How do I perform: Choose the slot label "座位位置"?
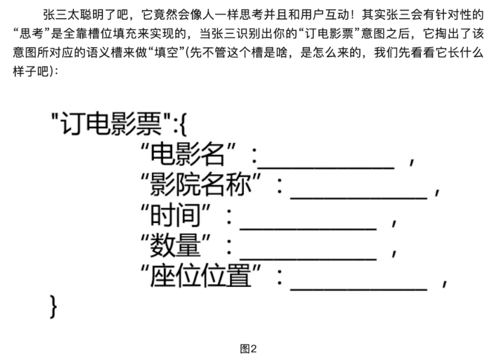[x=201, y=277]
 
